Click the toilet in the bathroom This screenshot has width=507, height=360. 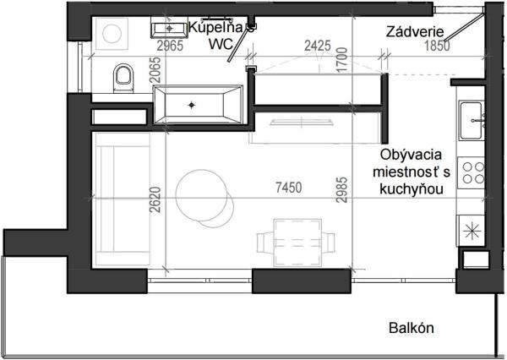coord(123,77)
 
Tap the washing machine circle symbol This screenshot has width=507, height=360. coord(110,34)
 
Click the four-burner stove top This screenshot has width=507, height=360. coord(472,173)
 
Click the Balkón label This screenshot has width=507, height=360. coord(411,328)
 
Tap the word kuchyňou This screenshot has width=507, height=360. coord(406,190)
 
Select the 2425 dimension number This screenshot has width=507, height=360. coord(318,47)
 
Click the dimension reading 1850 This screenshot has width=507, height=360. coord(435,47)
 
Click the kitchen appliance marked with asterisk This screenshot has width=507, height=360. coord(472,228)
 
